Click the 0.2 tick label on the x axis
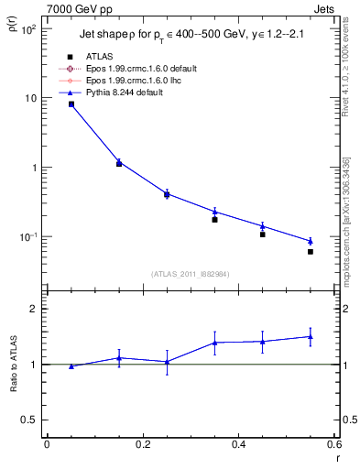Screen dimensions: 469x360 (142, 445)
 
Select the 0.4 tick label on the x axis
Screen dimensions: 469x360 (238, 445)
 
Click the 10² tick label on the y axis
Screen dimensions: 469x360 (28, 29)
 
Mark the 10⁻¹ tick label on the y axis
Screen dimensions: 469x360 (27, 237)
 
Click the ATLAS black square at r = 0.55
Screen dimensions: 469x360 (311, 252)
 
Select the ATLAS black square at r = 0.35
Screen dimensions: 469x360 (214, 220)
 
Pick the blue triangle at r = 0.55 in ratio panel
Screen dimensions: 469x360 (311, 336)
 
